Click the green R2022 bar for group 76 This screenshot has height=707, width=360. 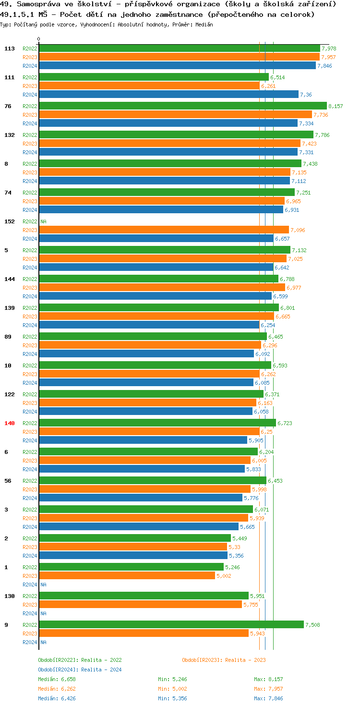182,106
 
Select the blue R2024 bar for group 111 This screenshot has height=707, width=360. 168,95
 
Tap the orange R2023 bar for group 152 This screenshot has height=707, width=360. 163,230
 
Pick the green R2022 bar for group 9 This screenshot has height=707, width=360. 171,625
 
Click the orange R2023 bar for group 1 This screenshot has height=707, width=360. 127,576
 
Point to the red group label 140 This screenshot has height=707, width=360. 10,423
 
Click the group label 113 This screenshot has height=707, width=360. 10,49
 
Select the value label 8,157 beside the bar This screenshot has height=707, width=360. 336,106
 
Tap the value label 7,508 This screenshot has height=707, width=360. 312,625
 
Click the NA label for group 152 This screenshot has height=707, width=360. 43,221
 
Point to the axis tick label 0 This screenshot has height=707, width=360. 39,39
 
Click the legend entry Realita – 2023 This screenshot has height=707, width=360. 224,660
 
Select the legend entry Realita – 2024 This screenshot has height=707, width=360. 80,670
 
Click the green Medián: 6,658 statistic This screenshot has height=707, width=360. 57,679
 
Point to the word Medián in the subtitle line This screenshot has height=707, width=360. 204,24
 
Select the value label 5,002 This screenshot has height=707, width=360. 224,576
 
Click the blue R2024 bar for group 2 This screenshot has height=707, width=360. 133,556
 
